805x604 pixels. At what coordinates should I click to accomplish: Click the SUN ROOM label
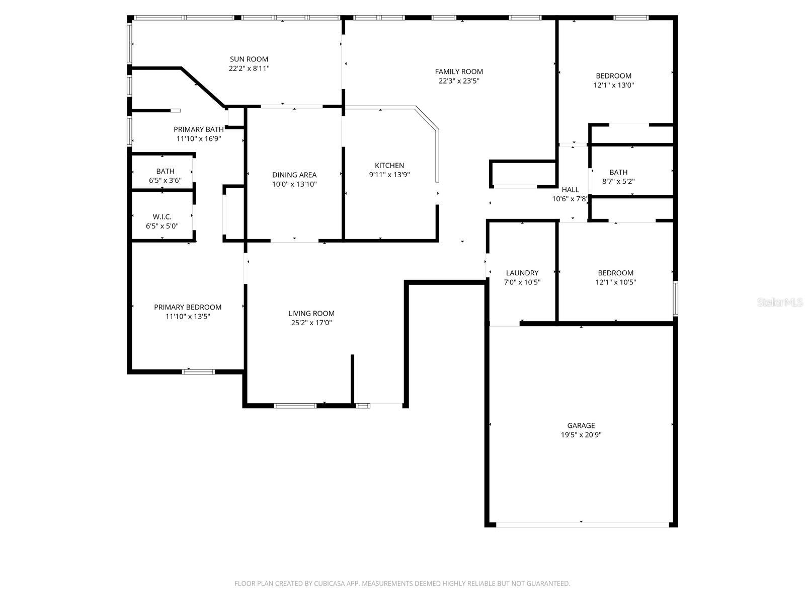click(x=249, y=59)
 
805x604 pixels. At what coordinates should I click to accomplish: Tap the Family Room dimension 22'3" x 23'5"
click(x=459, y=81)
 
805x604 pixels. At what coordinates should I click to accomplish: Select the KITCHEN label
click(x=389, y=165)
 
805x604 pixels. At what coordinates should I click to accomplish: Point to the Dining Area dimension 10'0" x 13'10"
click(x=294, y=184)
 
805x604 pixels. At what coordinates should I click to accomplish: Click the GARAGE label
click(x=581, y=425)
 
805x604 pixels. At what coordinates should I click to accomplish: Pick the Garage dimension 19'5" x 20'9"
click(x=581, y=435)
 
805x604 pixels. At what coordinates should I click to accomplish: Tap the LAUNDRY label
click(x=522, y=273)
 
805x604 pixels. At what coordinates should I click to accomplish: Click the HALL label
click(x=570, y=190)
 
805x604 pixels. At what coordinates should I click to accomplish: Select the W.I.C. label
click(x=162, y=217)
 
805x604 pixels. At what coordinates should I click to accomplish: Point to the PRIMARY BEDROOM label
click(x=188, y=307)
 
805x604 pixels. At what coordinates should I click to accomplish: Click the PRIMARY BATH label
click(x=199, y=129)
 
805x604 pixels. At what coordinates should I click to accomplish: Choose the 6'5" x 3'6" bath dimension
click(x=165, y=180)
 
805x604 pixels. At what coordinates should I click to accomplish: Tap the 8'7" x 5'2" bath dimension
click(x=618, y=181)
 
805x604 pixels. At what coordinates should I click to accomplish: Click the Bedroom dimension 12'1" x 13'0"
click(x=613, y=85)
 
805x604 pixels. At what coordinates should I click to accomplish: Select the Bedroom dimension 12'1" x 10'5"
click(x=615, y=282)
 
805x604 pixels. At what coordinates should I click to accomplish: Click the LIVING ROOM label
click(x=311, y=313)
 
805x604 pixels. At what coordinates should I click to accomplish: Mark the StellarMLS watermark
click(x=780, y=302)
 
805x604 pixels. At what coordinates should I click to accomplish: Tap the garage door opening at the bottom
click(x=582, y=524)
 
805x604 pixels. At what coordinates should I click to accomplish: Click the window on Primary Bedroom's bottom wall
click(x=198, y=372)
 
